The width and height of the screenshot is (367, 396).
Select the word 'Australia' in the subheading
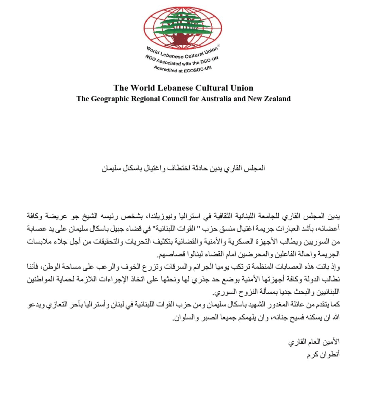point(215,99)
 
